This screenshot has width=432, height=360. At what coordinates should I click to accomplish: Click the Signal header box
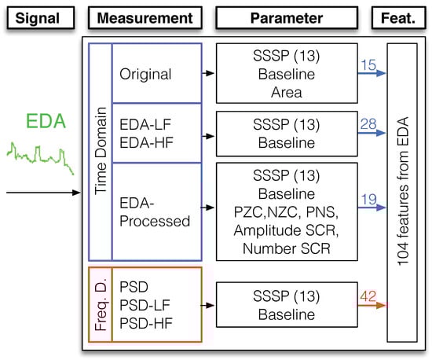coord(39,17)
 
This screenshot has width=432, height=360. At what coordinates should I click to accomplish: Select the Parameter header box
coord(286,17)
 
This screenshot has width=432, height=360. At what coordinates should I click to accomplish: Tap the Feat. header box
coord(407,17)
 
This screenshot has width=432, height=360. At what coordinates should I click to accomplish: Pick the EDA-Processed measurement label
coord(155,211)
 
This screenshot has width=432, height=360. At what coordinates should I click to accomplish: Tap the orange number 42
coord(367,297)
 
